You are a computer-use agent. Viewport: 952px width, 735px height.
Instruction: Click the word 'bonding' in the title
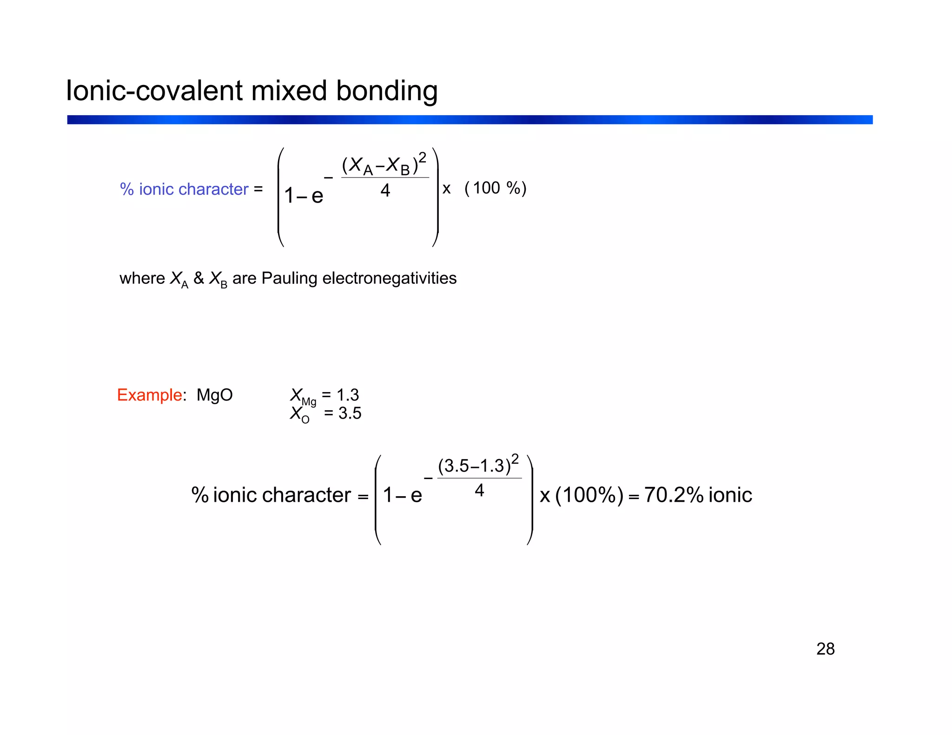click(x=387, y=91)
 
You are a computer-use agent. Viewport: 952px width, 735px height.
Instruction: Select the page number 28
click(x=825, y=649)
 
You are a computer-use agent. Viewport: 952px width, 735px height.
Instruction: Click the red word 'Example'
click(x=149, y=395)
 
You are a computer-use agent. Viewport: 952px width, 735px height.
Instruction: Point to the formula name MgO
click(x=214, y=395)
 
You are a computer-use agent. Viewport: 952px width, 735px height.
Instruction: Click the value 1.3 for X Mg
click(x=348, y=395)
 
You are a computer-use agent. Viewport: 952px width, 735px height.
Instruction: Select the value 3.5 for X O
click(x=350, y=413)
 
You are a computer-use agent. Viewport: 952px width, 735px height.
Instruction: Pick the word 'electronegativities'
click(x=389, y=278)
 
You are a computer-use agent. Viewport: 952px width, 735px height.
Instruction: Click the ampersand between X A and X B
click(x=198, y=278)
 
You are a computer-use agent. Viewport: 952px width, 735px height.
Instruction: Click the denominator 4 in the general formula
click(x=385, y=190)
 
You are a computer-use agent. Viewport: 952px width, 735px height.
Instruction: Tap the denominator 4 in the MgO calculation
click(x=479, y=490)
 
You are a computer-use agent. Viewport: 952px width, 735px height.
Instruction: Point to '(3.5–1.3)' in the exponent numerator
click(x=474, y=466)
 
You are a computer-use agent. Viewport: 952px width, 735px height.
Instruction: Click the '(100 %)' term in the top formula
click(x=496, y=188)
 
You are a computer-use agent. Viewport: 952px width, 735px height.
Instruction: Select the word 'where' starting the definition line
click(x=142, y=278)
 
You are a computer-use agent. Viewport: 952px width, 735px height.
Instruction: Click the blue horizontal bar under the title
click(x=469, y=120)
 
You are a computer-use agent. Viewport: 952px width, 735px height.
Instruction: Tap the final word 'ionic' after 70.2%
click(x=730, y=495)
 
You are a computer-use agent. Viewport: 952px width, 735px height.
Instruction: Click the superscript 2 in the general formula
click(x=422, y=157)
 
